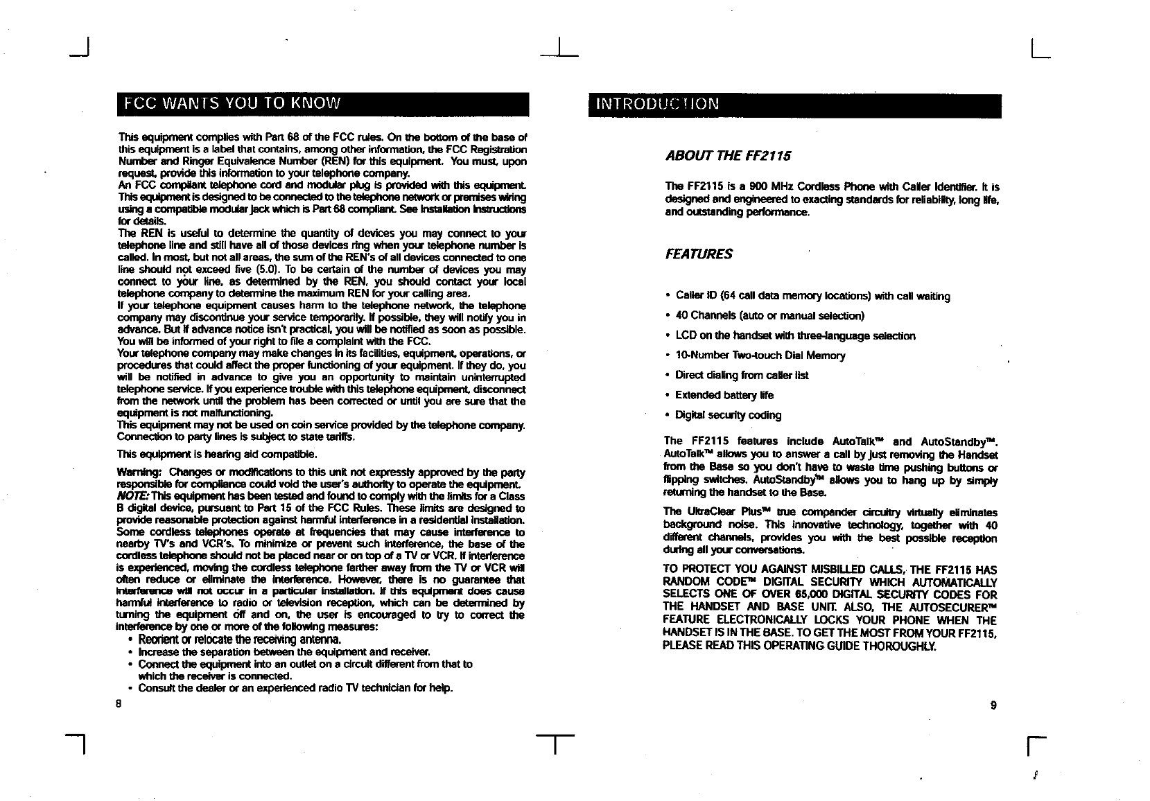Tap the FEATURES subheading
pyautogui.click(x=699, y=254)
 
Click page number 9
pyautogui.click(x=993, y=705)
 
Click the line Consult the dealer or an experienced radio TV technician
pyautogui.click(x=295, y=688)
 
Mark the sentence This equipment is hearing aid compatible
pyautogui.click(x=217, y=455)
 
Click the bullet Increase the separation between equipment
pyautogui.click(x=284, y=652)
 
